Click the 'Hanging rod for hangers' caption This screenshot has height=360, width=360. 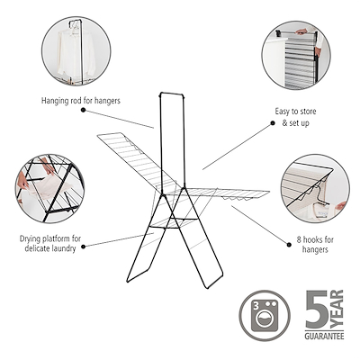point(81,101)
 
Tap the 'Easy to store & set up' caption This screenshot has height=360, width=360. point(295,117)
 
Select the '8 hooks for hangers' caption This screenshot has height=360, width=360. point(315,244)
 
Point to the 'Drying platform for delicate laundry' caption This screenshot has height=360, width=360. point(50,243)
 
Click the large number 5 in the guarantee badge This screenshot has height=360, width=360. point(317,310)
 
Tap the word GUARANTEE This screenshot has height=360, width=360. point(324,336)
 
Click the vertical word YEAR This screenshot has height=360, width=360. point(337,309)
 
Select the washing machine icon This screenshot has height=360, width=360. point(265,316)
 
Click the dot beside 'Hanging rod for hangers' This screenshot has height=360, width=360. point(84,110)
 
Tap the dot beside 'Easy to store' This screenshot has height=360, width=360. point(273,123)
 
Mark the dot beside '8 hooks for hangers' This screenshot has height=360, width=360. point(289,245)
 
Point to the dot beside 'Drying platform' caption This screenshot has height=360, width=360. point(84,247)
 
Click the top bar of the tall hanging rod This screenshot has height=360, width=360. point(171,94)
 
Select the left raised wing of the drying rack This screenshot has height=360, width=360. point(138,160)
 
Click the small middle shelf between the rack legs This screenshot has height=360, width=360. point(170,222)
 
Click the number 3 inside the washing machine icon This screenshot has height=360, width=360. point(256,306)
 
